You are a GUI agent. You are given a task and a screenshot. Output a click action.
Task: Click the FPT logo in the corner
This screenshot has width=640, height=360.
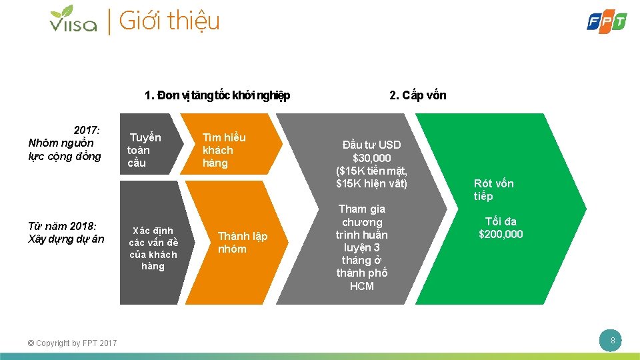606,21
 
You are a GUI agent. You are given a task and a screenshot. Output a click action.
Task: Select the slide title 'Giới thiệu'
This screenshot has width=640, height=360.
169,21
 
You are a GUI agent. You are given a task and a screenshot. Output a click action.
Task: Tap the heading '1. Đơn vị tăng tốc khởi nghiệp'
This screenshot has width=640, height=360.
217,95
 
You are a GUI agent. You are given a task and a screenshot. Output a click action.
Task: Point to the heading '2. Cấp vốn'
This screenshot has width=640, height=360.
417,95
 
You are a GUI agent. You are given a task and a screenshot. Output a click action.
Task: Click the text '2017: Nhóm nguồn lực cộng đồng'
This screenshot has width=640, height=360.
65,143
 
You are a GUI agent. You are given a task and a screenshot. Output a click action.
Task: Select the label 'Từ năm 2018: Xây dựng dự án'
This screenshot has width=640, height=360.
67,233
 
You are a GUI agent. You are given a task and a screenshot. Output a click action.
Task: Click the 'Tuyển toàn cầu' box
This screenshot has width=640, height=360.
145,150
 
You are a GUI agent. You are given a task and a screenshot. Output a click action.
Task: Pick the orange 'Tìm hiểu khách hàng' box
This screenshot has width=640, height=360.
224,150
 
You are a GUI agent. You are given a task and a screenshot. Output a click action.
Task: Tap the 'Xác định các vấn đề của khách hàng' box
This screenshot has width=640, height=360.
153,248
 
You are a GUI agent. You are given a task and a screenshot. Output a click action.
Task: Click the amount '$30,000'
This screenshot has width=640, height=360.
371,158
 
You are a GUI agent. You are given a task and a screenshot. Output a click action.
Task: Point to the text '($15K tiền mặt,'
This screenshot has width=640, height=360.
371,171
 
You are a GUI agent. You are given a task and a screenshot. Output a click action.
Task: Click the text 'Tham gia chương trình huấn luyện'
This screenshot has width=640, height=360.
362,228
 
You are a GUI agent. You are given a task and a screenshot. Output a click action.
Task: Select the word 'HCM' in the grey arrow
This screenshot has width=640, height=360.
362,286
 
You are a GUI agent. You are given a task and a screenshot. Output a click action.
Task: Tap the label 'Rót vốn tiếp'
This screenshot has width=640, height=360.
493,190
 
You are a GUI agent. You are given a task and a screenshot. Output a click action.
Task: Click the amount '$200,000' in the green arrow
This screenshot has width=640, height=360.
501,234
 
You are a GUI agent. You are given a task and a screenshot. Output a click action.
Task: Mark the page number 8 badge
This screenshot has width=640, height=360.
611,342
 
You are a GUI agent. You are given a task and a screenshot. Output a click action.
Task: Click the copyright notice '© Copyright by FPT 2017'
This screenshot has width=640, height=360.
73,343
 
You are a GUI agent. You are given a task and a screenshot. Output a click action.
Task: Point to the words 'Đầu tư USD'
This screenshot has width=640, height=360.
371,145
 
